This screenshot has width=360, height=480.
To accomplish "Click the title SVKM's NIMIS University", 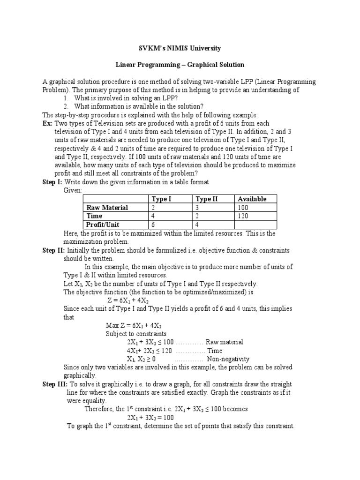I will pyautogui.click(x=180, y=48).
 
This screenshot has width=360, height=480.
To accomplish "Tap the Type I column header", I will pyautogui.click(x=161, y=199).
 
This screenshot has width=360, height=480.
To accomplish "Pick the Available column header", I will pyautogui.click(x=252, y=199).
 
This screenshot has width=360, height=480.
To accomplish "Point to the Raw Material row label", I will pyautogui.click(x=107, y=207).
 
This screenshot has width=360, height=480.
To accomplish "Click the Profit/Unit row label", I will pyautogui.click(x=103, y=224).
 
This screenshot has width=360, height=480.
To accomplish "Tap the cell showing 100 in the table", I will pyautogui.click(x=243, y=207).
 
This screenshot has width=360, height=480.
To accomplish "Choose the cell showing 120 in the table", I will pyautogui.click(x=243, y=216).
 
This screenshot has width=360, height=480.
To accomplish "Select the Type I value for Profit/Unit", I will pyautogui.click(x=153, y=224).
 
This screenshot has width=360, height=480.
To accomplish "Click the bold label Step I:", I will pyautogui.click(x=52, y=181).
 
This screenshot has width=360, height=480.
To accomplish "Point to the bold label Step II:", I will pyautogui.click(x=53, y=251).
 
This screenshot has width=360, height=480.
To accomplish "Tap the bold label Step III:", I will pyautogui.click(x=55, y=384).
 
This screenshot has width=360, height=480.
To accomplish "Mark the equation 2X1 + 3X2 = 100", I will pyautogui.click(x=150, y=417).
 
